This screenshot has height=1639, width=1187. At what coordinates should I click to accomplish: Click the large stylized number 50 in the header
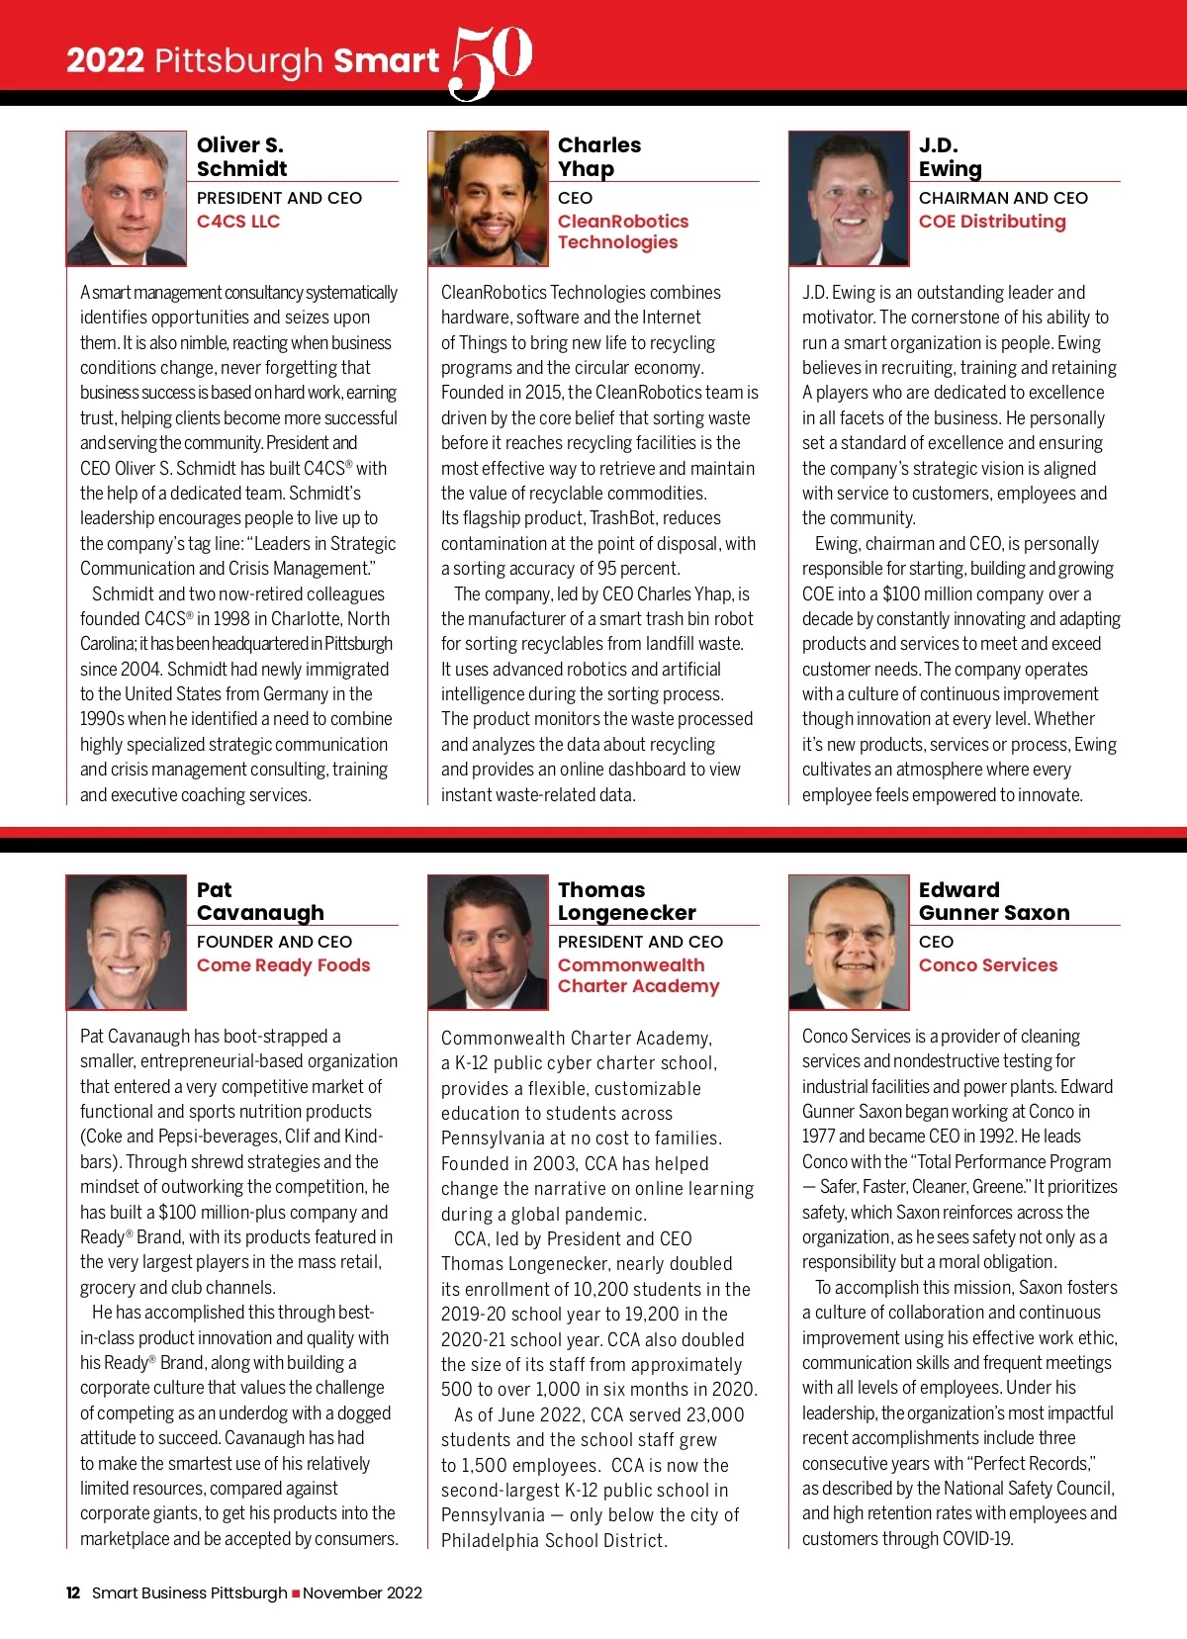click(492, 61)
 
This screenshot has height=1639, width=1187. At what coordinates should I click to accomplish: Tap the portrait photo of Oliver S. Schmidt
click(127, 199)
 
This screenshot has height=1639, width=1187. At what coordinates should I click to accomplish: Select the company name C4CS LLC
click(238, 222)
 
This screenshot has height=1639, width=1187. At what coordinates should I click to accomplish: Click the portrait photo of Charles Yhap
click(488, 199)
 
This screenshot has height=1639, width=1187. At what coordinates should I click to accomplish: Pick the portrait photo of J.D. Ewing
click(849, 199)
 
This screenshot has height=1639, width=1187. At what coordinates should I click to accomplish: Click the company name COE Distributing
click(992, 222)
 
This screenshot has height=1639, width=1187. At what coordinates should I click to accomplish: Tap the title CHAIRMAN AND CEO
click(1003, 198)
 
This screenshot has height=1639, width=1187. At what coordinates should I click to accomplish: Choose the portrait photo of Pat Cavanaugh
click(127, 943)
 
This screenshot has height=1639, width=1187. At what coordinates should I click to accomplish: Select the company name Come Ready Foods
click(283, 965)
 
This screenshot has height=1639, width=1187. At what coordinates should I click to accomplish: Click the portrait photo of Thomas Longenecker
click(488, 943)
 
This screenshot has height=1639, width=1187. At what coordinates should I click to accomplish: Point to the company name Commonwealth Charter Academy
click(638, 975)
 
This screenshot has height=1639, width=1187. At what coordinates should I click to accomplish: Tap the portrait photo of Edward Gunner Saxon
click(849, 943)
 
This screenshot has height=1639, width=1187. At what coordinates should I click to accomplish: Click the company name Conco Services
click(988, 965)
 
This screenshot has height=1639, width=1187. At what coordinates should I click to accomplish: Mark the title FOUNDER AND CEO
click(274, 942)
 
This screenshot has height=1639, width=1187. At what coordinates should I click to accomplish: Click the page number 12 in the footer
click(73, 1593)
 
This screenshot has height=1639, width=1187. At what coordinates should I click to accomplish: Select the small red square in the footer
click(296, 1593)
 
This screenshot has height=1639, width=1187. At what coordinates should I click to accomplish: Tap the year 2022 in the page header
click(105, 61)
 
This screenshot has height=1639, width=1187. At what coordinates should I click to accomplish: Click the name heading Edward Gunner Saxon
click(993, 901)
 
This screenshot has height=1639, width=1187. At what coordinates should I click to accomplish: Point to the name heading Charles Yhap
click(598, 156)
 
